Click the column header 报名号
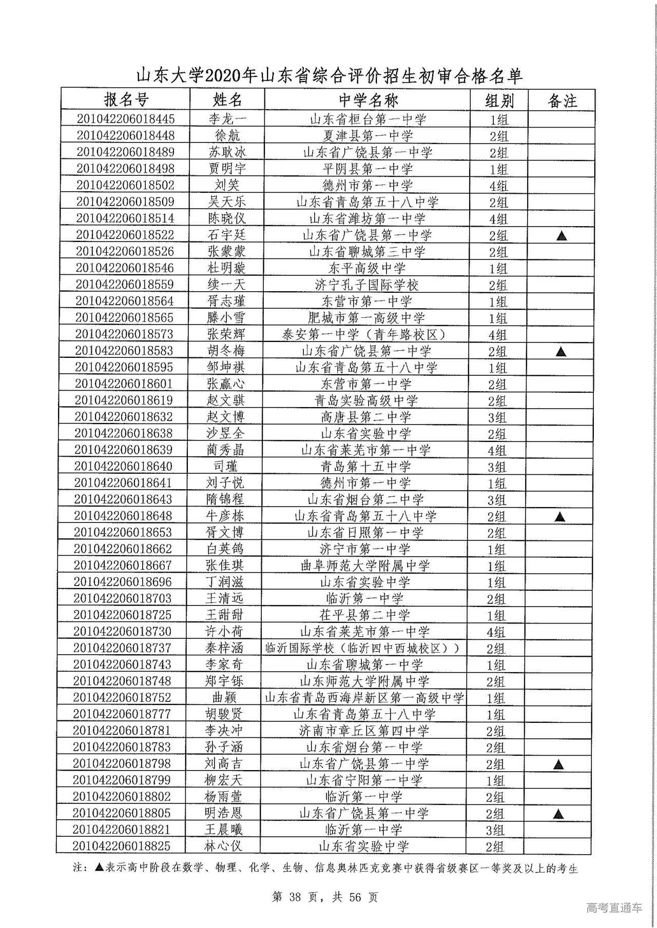[x=126, y=99]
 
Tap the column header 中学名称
[x=368, y=100]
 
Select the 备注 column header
[x=562, y=100]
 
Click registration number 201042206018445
[x=126, y=119]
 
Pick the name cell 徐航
[x=227, y=136]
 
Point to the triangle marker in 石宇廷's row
[x=562, y=236]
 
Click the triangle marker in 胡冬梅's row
[x=561, y=352]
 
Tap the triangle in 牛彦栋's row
[x=560, y=517]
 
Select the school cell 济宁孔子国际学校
[x=366, y=285]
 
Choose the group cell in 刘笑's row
[x=498, y=186]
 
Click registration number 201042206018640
[x=124, y=467]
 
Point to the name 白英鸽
[x=225, y=549]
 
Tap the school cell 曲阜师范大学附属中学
[x=365, y=566]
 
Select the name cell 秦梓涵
[x=224, y=648]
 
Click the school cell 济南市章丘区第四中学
[x=364, y=731]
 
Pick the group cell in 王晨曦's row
[x=495, y=830]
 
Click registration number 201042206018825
[x=121, y=846]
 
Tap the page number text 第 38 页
[x=296, y=897]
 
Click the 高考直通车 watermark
[x=614, y=907]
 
